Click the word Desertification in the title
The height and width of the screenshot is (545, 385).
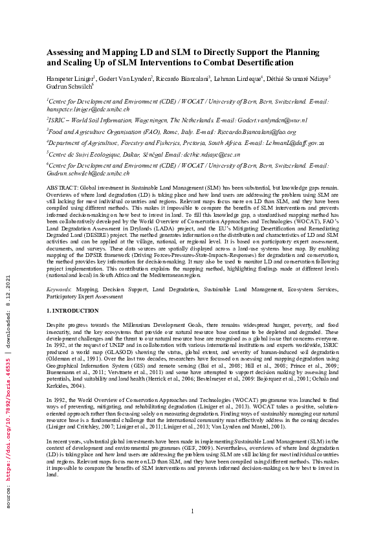click(261, 62)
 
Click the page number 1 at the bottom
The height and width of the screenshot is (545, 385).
click(192, 529)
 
